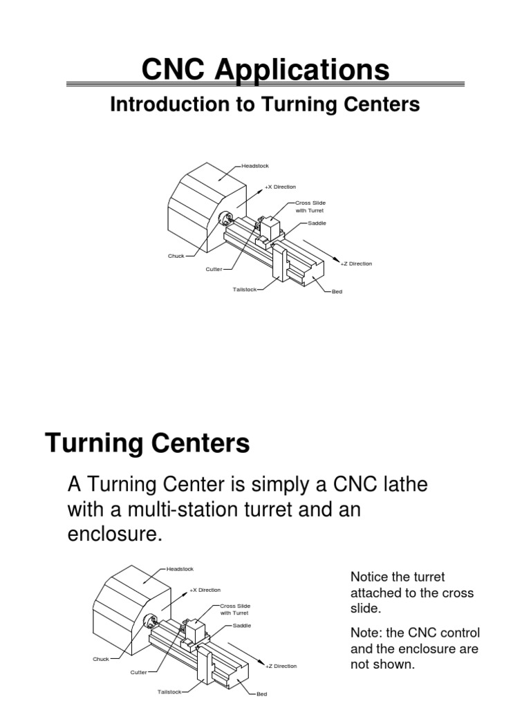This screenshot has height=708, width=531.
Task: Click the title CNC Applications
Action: pyautogui.click(x=265, y=70)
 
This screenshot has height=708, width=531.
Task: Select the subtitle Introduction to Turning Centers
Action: pyautogui.click(x=265, y=104)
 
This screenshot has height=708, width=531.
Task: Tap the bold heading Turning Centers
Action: pyautogui.click(x=147, y=443)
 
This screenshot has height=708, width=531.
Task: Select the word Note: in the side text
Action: pyautogui.click(x=367, y=633)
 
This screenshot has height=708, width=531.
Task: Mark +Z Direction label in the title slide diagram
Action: pyautogui.click(x=357, y=263)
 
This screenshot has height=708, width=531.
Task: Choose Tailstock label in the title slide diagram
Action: pyautogui.click(x=245, y=289)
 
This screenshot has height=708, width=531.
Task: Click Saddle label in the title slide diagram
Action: pyautogui.click(x=317, y=223)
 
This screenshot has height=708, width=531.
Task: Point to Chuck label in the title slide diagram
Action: pyautogui.click(x=176, y=256)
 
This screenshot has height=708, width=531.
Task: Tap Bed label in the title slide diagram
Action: pyautogui.click(x=337, y=292)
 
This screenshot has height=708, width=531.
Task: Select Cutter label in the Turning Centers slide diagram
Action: pyautogui.click(x=139, y=671)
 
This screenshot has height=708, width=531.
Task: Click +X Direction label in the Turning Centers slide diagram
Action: pyautogui.click(x=205, y=590)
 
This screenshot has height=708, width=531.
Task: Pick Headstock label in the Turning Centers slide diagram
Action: pyautogui.click(x=180, y=569)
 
